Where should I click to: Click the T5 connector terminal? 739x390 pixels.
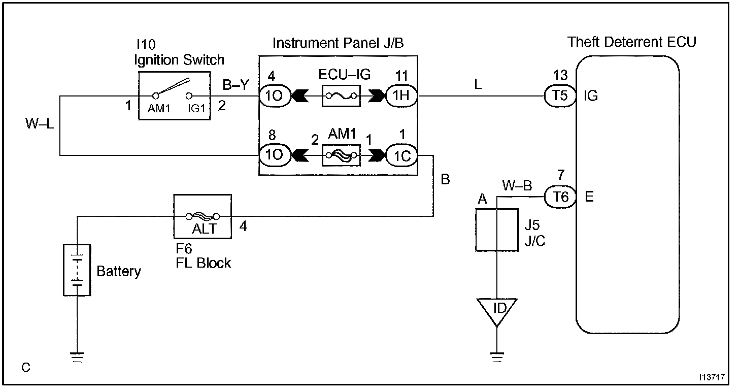pos(560,95)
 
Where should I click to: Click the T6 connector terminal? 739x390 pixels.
pos(560,197)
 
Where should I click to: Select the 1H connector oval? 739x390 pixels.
pos(401,95)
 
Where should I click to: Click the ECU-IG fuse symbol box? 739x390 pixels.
pos(341,95)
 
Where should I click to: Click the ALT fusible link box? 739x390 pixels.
pos(203,216)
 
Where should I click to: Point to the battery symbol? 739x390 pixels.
pos(77,270)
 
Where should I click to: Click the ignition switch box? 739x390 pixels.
pos(175,96)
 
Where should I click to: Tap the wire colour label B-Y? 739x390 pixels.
pos(236,85)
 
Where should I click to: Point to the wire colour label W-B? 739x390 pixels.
pos(517,185)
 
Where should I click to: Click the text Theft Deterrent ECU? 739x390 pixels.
pos(631,42)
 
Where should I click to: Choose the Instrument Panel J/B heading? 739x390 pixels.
pos(338,43)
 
